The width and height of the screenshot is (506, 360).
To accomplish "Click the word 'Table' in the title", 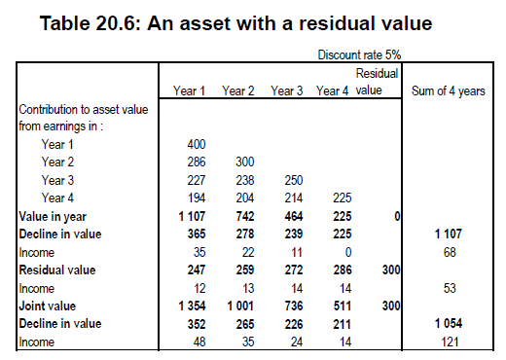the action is click(x=65, y=23).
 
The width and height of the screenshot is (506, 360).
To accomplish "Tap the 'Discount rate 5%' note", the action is click(x=359, y=54).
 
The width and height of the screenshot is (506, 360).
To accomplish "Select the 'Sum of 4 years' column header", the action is click(x=449, y=90).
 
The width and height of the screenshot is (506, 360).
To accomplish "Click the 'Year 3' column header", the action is click(x=287, y=90).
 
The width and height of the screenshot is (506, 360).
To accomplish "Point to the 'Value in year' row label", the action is click(x=53, y=216).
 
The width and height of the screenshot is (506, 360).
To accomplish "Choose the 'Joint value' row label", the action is click(x=48, y=306).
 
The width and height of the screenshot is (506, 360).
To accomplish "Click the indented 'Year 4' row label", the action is click(x=57, y=198).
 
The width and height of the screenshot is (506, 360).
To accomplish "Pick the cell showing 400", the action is click(x=197, y=144).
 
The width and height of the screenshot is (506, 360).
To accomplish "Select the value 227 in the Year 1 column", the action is click(x=197, y=180).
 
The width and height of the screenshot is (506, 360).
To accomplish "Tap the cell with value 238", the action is click(x=245, y=180).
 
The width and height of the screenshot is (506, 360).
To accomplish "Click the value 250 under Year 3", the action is click(x=294, y=180).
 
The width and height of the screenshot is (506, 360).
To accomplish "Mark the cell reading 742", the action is click(x=245, y=216).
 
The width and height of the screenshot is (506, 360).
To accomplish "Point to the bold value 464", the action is click(x=294, y=216).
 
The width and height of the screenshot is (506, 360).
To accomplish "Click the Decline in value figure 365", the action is click(x=197, y=234).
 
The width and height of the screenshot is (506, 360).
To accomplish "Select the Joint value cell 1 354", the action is click(x=192, y=306).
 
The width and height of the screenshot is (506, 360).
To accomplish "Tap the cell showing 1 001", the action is click(x=240, y=306).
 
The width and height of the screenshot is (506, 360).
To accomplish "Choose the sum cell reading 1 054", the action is click(x=449, y=323).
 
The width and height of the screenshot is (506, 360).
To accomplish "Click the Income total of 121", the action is click(x=450, y=342).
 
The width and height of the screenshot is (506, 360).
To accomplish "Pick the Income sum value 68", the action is click(x=450, y=252).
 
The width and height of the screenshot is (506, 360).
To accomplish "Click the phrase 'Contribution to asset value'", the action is click(x=84, y=110).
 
